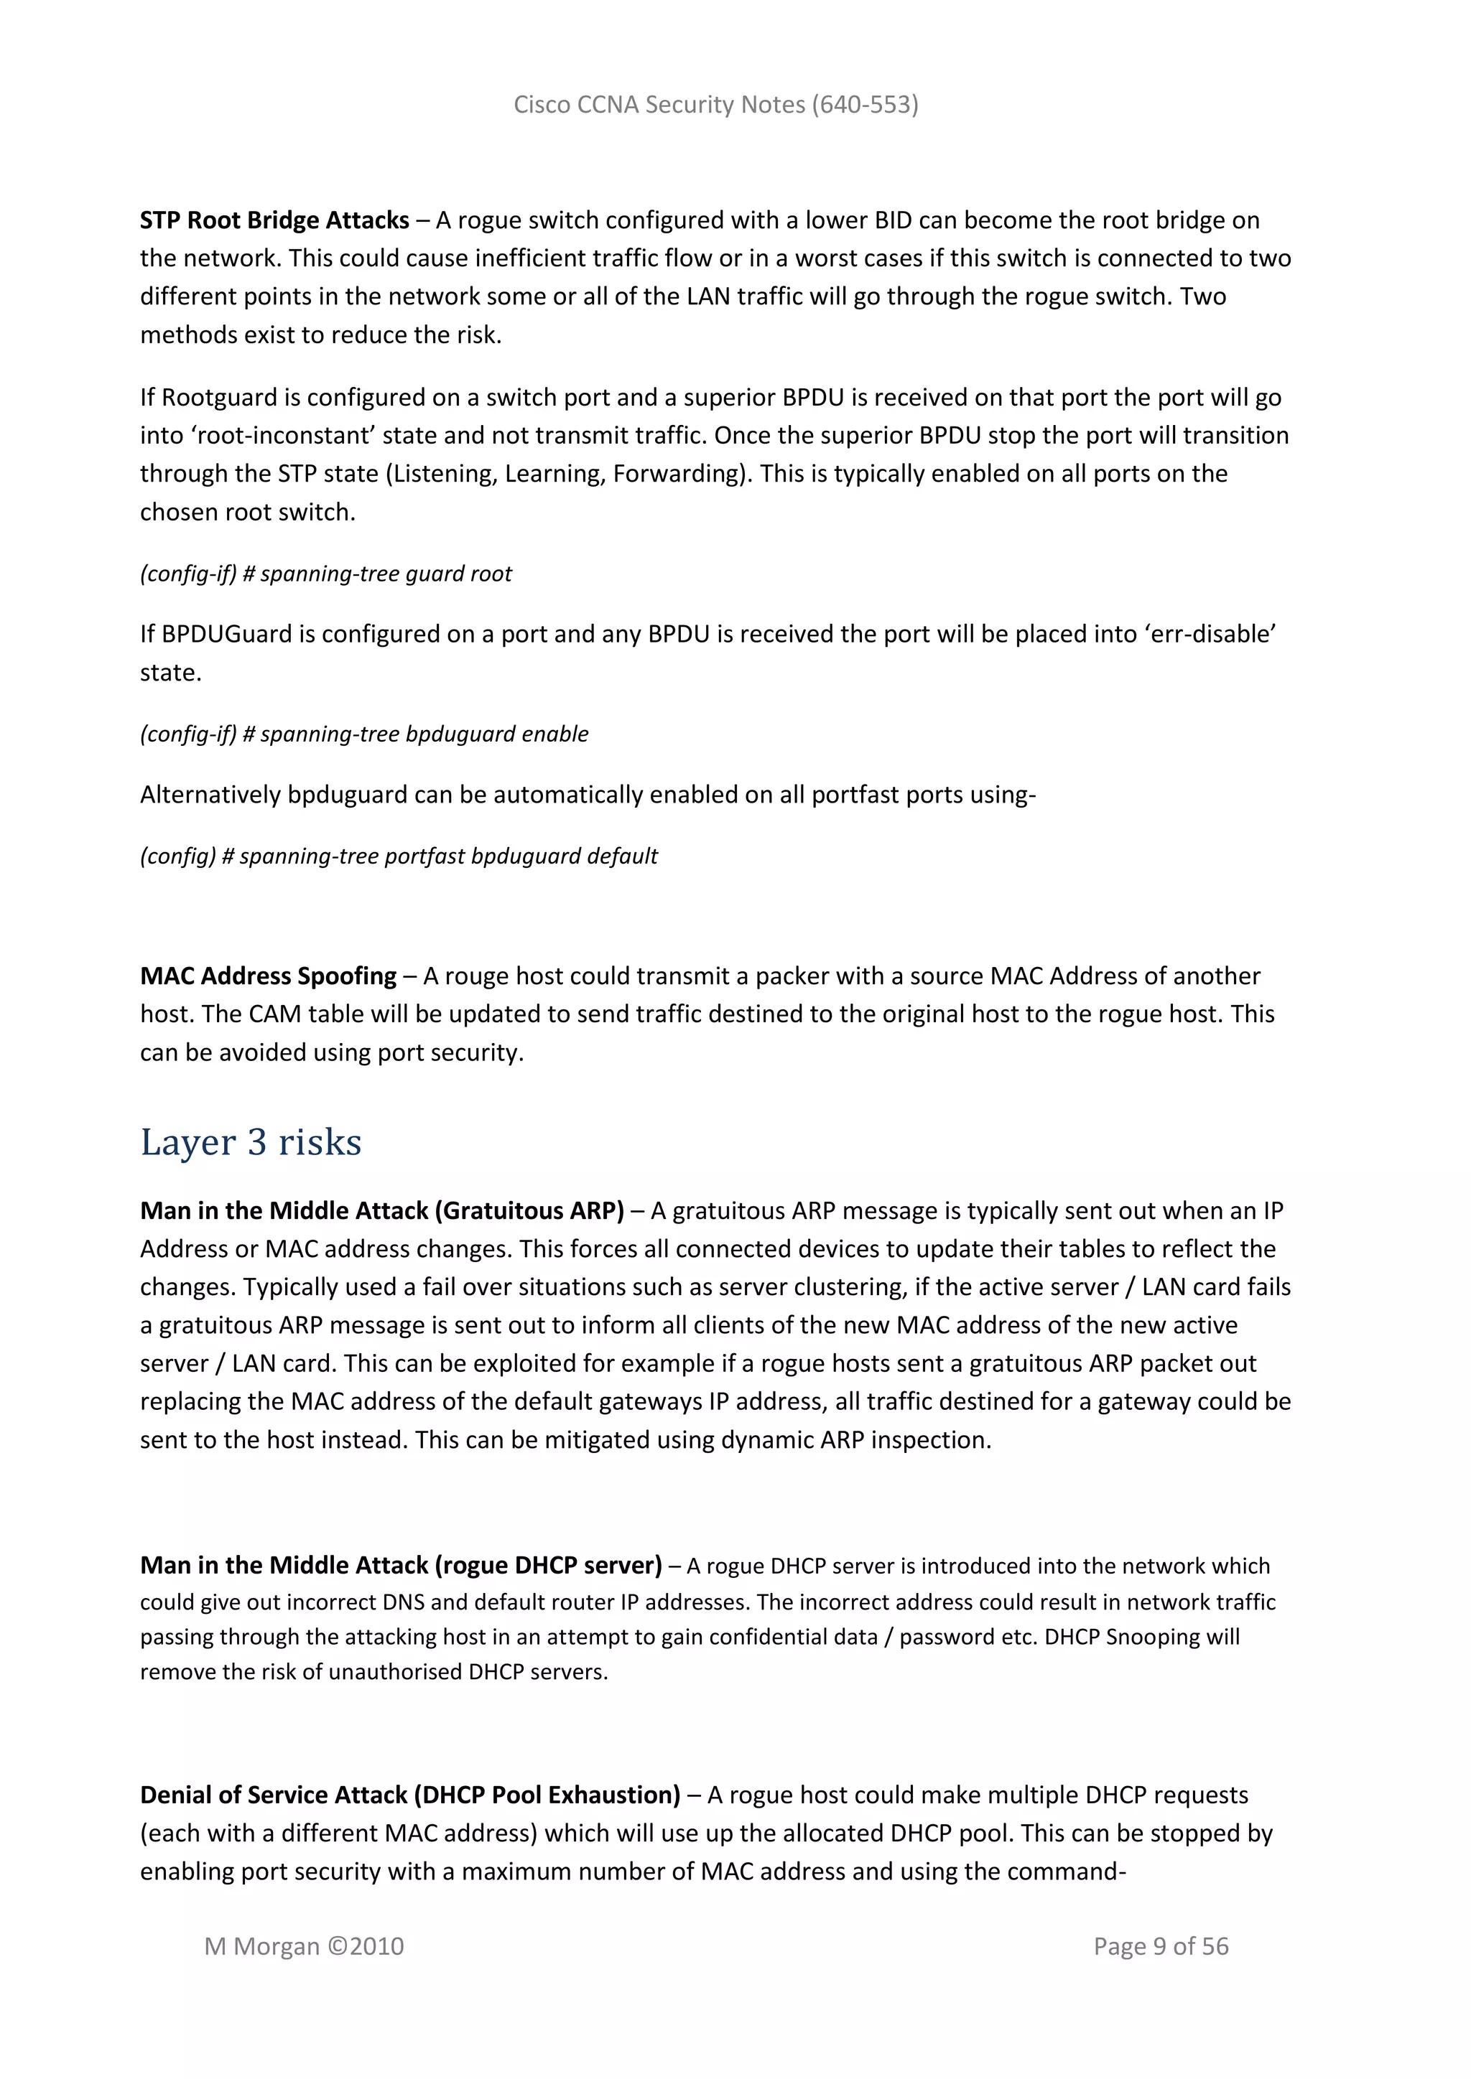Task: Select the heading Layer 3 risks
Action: (x=251, y=1142)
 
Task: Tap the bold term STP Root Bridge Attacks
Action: (x=274, y=220)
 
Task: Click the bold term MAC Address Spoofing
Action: (x=268, y=976)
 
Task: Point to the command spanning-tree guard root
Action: (x=386, y=574)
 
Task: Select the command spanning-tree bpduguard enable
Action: (x=424, y=734)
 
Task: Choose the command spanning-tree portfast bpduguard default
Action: (x=447, y=856)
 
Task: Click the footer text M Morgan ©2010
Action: (x=305, y=1947)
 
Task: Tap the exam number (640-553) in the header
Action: (x=864, y=105)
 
